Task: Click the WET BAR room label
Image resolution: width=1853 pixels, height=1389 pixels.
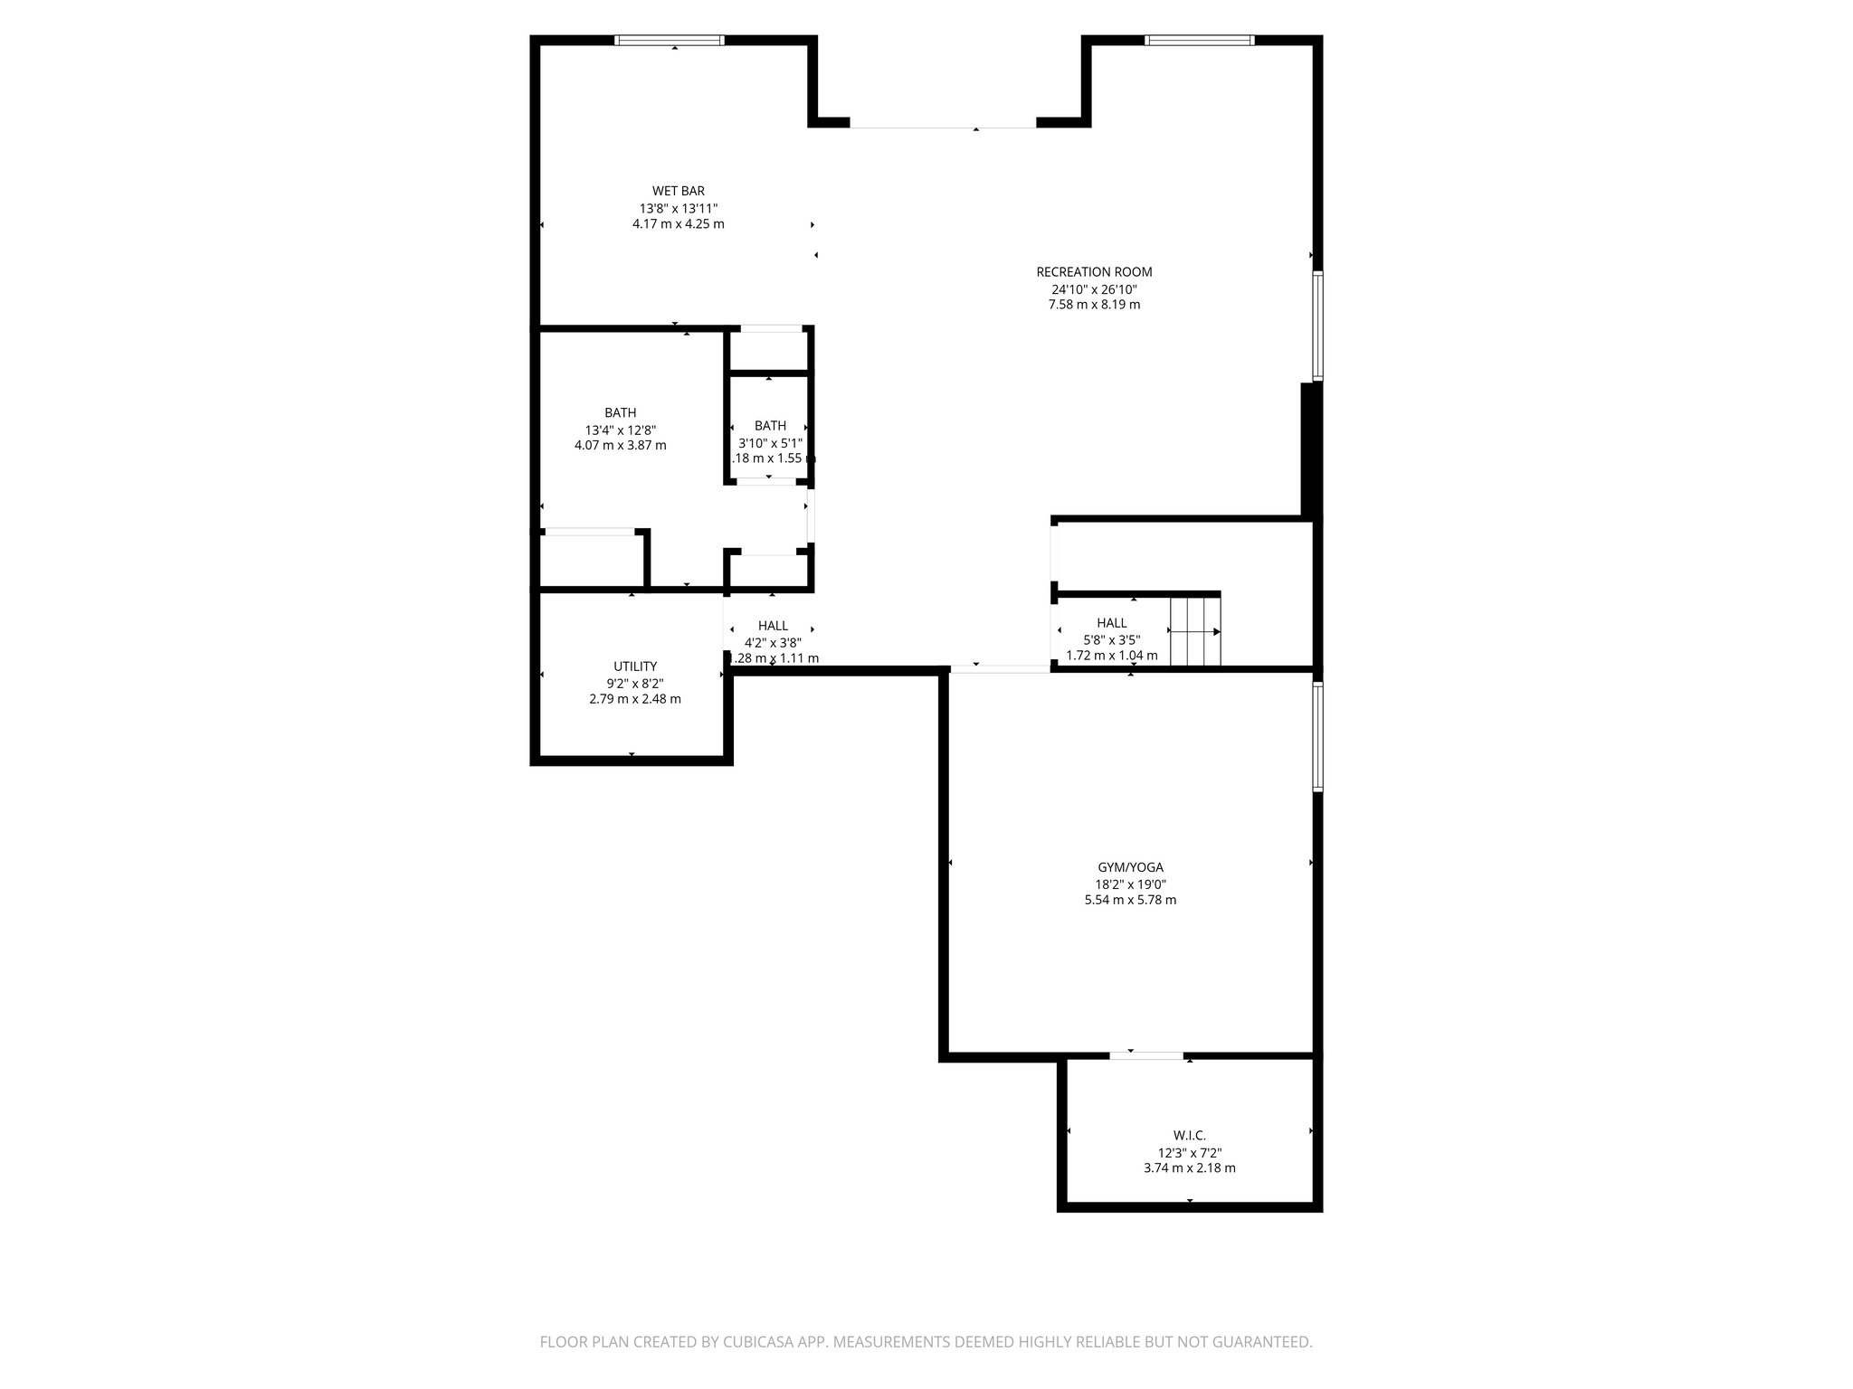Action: (678, 191)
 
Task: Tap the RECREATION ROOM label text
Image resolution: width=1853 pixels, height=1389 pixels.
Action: (1094, 271)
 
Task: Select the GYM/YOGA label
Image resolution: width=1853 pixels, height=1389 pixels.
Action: (1130, 867)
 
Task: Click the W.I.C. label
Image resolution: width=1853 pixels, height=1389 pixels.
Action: (1189, 1135)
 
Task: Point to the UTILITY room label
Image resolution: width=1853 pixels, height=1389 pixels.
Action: (634, 666)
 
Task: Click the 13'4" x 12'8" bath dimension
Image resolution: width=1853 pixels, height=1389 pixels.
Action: (620, 430)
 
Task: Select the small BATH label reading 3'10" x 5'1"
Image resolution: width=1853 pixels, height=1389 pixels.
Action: (770, 426)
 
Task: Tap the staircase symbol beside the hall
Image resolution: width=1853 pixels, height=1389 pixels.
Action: (1194, 630)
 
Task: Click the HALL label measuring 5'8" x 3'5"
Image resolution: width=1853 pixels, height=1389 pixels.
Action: (1111, 623)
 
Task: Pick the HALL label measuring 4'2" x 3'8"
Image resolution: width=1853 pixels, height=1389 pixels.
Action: (773, 626)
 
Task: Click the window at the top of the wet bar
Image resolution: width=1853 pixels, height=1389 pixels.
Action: (670, 40)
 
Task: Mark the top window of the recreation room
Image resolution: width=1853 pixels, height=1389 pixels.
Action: (1199, 40)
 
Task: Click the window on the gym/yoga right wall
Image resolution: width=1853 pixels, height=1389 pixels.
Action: (1317, 737)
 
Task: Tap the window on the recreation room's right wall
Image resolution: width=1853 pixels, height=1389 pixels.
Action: (1317, 326)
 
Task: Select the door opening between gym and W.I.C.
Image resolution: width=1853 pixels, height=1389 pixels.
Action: (1146, 1055)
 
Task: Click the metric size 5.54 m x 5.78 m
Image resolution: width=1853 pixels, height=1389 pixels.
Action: (1130, 900)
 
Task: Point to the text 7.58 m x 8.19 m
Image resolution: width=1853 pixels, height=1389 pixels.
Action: (1094, 305)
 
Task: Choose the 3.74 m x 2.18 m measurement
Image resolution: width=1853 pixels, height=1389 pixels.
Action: (1189, 1167)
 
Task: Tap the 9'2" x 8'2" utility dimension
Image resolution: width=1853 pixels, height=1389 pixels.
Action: (634, 684)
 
